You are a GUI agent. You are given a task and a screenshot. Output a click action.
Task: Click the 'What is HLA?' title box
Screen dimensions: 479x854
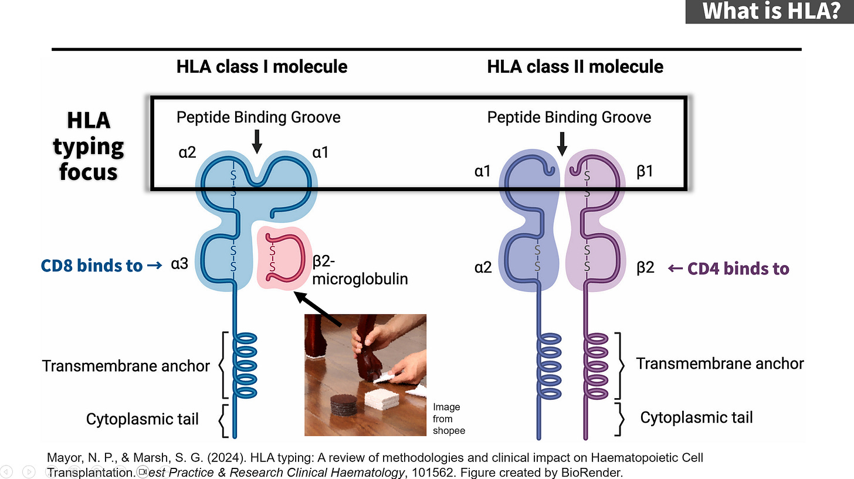770,12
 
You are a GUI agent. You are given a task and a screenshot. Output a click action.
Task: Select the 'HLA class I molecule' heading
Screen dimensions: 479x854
262,66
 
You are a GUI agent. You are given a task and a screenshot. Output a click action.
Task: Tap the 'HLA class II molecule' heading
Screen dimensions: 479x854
575,66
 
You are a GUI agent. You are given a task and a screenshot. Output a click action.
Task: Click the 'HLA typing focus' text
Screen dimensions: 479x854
88,147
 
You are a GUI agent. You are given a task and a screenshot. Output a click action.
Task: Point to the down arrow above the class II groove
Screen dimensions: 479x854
562,142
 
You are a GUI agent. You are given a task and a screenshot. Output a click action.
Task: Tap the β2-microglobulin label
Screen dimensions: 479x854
360,271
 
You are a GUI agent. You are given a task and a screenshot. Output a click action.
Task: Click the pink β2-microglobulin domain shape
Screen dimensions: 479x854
284,258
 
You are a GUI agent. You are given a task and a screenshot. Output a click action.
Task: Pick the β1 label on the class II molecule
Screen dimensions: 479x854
645,171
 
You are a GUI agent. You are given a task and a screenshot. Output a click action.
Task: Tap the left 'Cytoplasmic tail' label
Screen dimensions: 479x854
142,419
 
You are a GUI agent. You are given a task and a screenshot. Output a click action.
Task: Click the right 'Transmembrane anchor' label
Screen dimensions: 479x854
720,364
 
